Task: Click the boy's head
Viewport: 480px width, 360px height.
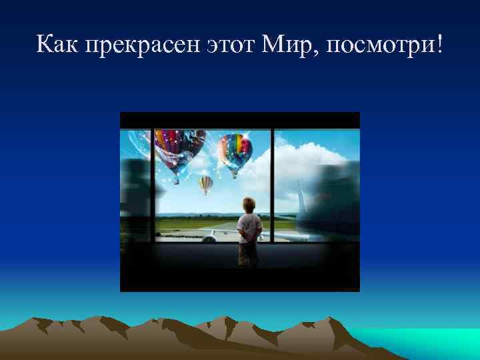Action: pos(249,203)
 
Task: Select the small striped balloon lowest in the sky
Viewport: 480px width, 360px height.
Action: pos(206,183)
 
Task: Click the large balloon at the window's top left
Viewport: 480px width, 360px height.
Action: pos(175,150)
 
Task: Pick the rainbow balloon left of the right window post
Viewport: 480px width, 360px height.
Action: pos(235,152)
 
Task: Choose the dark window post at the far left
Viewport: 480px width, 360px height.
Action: pos(152,187)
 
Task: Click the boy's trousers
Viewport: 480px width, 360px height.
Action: pos(249,252)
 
